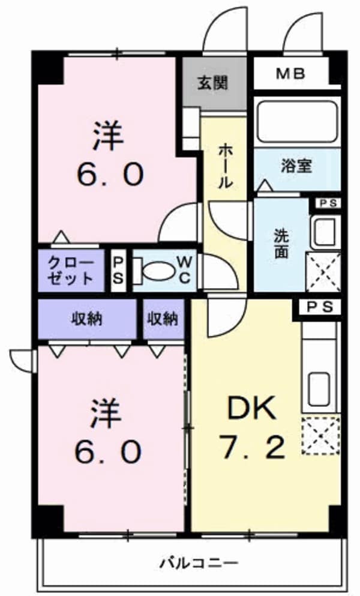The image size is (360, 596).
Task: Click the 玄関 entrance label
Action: [213, 83]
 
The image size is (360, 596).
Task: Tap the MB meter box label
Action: [291, 74]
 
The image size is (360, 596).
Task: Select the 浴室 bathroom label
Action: [296, 166]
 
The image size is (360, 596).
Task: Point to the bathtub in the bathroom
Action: [297, 121]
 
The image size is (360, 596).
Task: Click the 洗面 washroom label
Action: [281, 244]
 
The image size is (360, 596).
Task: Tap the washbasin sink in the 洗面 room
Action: [325, 232]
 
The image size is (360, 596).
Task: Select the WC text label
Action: [184, 271]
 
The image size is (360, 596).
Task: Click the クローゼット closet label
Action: [71, 271]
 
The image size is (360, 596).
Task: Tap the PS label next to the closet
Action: [119, 271]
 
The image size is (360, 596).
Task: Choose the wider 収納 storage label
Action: [87, 318]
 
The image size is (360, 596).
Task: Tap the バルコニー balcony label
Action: [199, 563]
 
